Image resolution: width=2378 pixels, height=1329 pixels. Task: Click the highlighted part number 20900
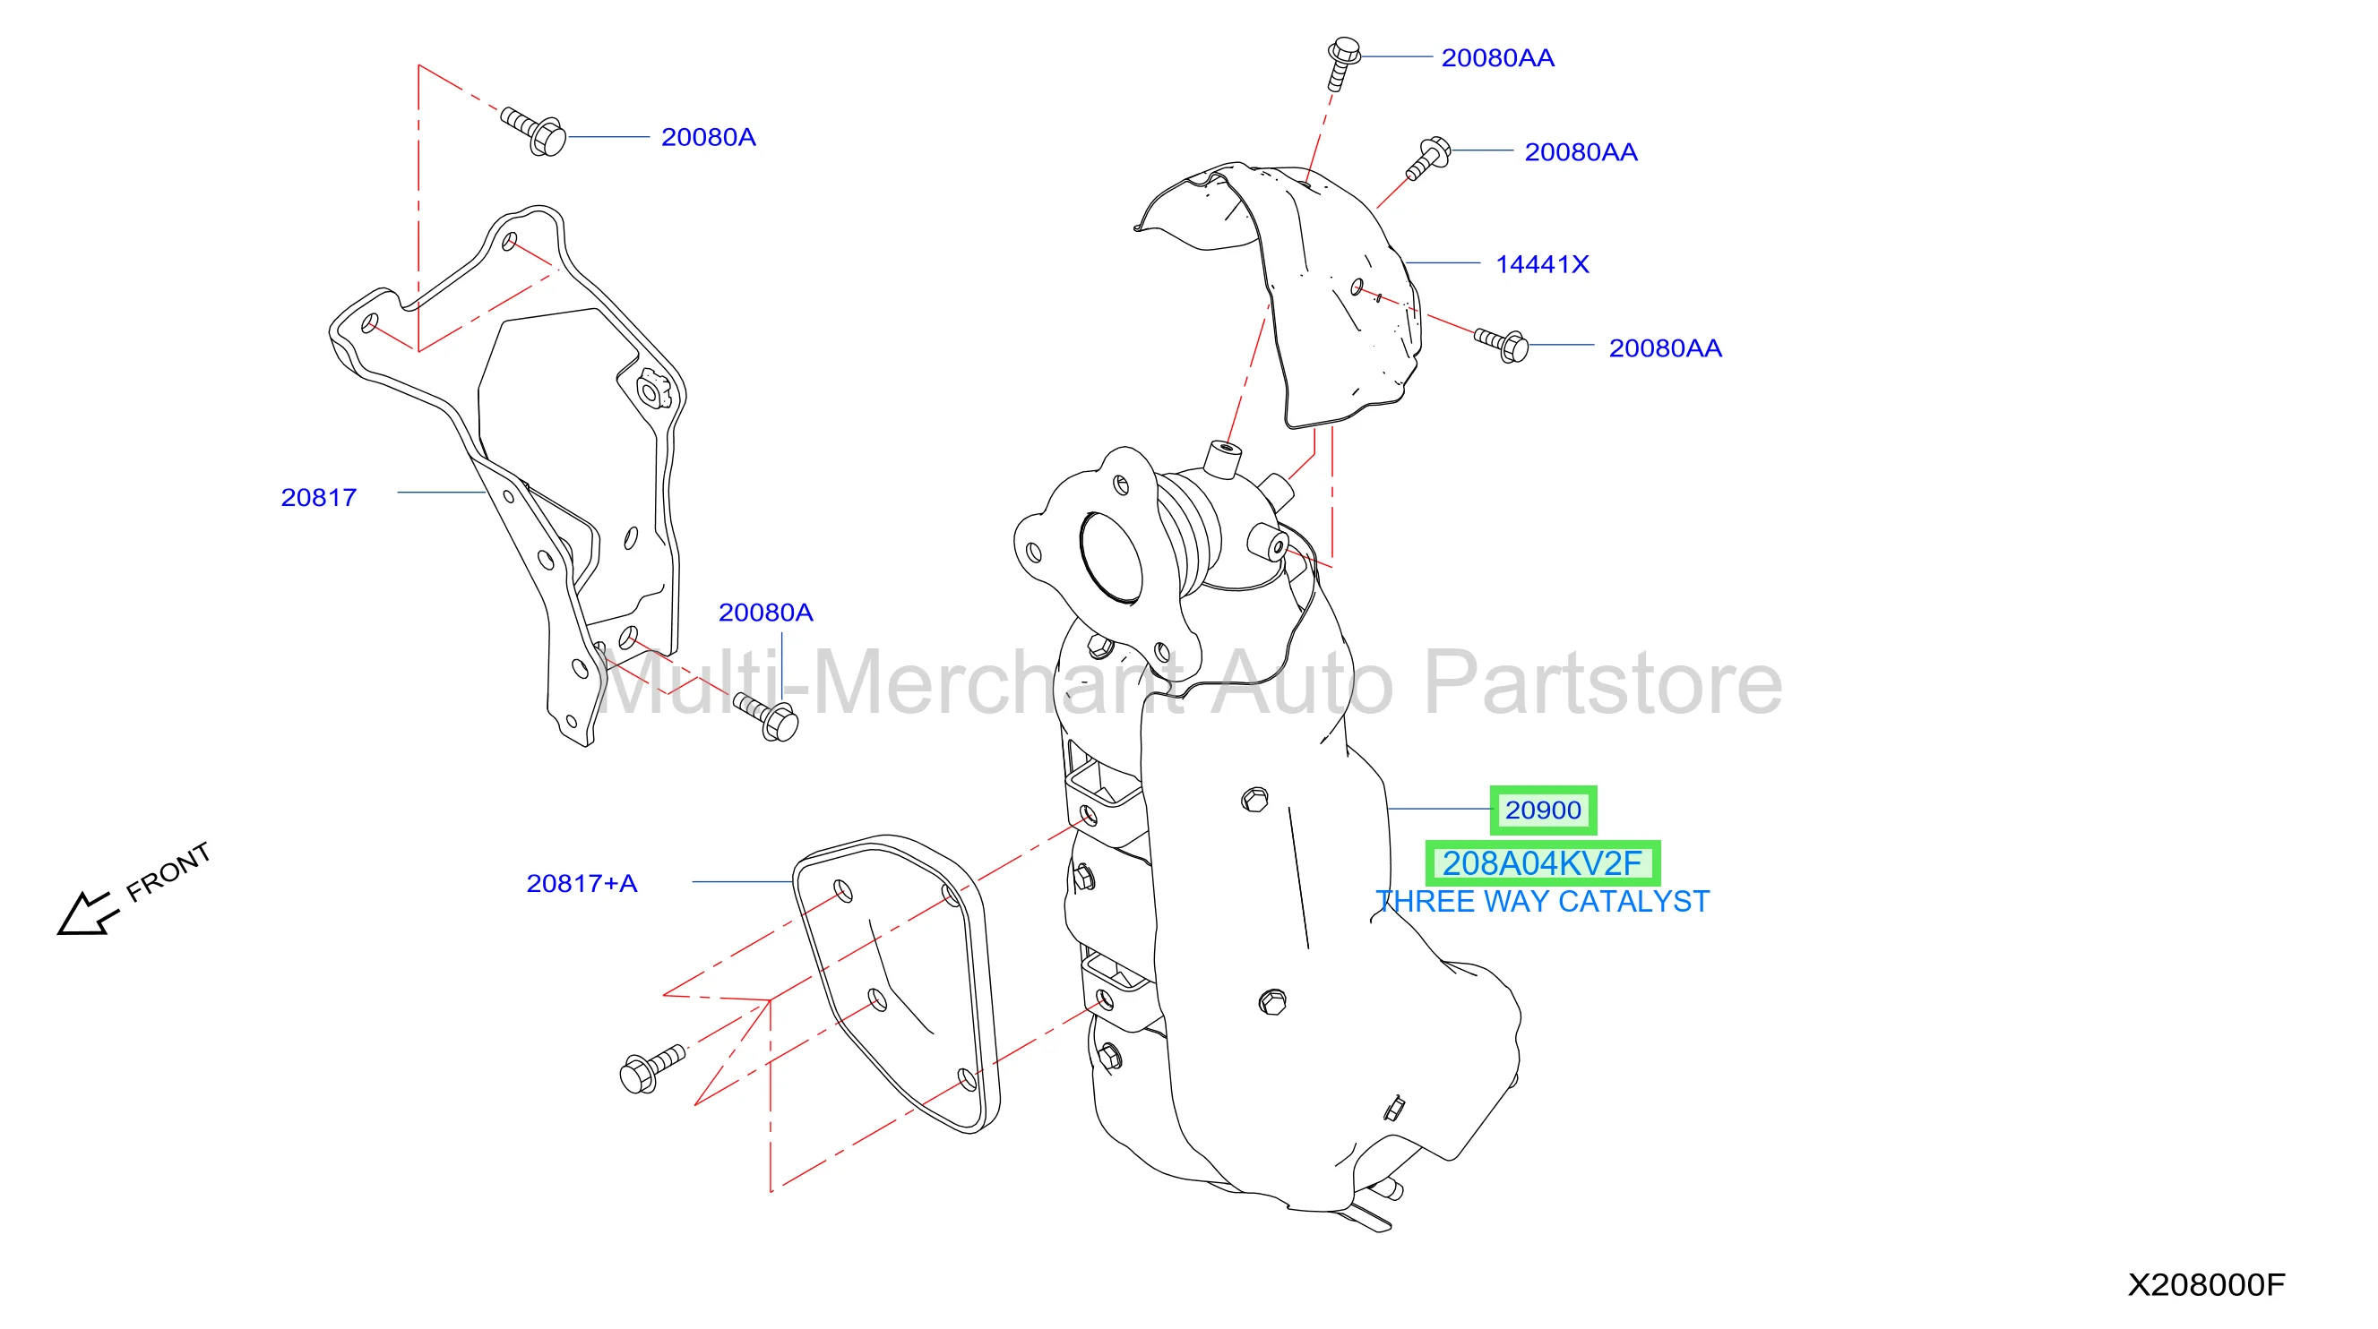pos(1543,810)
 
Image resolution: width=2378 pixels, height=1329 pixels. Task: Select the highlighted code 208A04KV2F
pos(1543,864)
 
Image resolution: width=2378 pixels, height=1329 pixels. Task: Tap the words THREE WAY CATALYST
pos(1543,902)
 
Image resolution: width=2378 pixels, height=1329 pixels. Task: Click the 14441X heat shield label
pos(1543,265)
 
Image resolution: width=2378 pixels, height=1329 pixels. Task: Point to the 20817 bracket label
pos(318,498)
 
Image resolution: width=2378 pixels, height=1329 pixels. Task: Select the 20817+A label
pos(582,884)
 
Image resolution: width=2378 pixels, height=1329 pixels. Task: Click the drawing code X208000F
pos(2206,1285)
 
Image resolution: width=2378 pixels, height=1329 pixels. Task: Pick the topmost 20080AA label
pos(1498,58)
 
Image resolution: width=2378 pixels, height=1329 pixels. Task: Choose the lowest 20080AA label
pos(1666,349)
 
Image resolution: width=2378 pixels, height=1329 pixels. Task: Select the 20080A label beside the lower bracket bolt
pos(765,613)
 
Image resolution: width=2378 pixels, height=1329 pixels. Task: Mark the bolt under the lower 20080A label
pos(765,717)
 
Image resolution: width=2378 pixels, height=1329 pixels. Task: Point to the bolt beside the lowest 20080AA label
pos(1501,345)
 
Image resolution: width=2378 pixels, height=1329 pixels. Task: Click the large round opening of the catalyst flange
pos(1110,558)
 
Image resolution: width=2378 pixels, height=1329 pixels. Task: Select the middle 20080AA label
pos(1581,152)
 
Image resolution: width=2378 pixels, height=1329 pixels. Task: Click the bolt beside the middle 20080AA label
pos(1428,158)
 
